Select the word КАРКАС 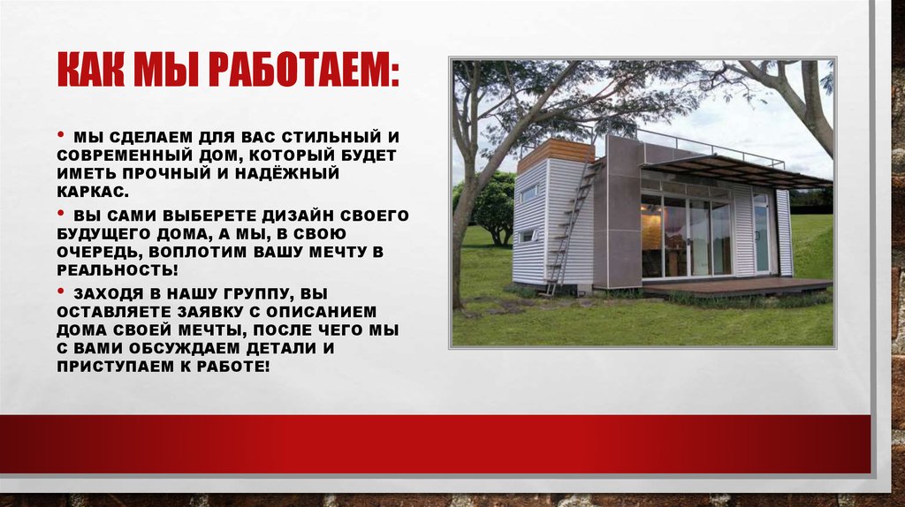(x=102, y=191)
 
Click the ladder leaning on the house (x=566, y=230)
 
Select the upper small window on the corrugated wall (x=528, y=193)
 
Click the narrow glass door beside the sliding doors (x=761, y=238)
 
